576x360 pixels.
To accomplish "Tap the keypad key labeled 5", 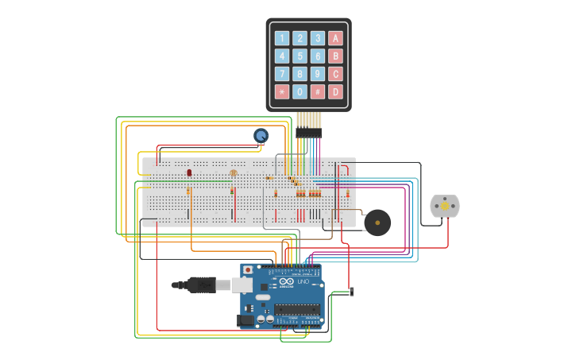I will point(300,56).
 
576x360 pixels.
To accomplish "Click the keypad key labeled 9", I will point(318,74).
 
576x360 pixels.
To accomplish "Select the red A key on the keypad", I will point(336,37).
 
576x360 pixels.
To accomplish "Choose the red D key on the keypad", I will point(336,91).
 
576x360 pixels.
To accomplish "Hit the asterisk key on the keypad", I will point(281,91).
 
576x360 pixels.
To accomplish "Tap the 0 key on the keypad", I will point(300,91).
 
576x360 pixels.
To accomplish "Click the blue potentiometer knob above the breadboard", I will point(261,136).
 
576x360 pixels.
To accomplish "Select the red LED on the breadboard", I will point(189,172).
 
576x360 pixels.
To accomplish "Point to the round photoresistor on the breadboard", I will point(233,172).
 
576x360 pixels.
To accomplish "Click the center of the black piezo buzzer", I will point(377,223).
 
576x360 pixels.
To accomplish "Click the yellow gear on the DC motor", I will point(445,206).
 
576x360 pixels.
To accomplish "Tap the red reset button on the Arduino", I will point(248,270).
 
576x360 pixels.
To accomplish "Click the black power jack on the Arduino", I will point(246,320).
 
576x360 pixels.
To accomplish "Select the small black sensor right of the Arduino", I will point(351,292).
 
